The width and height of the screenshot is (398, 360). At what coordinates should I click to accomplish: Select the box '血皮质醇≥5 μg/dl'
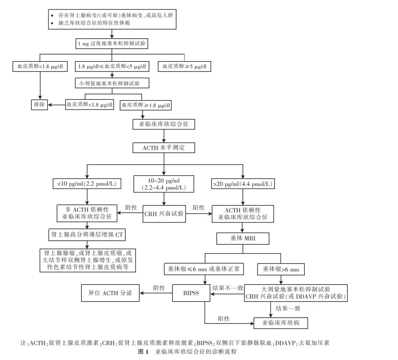tap(185, 67)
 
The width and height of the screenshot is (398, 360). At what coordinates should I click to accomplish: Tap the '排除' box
tap(39, 105)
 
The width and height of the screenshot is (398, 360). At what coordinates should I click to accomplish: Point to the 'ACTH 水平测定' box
tap(164, 148)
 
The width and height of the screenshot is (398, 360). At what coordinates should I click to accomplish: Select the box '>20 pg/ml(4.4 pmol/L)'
tap(243, 183)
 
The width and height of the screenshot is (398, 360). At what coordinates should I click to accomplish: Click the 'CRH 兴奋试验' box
tap(164, 214)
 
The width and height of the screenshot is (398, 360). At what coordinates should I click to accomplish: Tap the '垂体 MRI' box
tap(243, 238)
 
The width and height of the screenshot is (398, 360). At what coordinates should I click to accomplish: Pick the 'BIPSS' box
tap(191, 293)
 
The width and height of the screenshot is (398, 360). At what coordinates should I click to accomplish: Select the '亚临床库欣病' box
tap(281, 323)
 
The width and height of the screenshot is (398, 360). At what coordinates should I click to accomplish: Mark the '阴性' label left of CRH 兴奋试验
tap(131, 208)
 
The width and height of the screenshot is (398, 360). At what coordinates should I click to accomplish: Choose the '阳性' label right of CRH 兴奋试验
tap(199, 208)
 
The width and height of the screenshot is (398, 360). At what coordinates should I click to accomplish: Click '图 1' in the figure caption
tap(143, 352)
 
